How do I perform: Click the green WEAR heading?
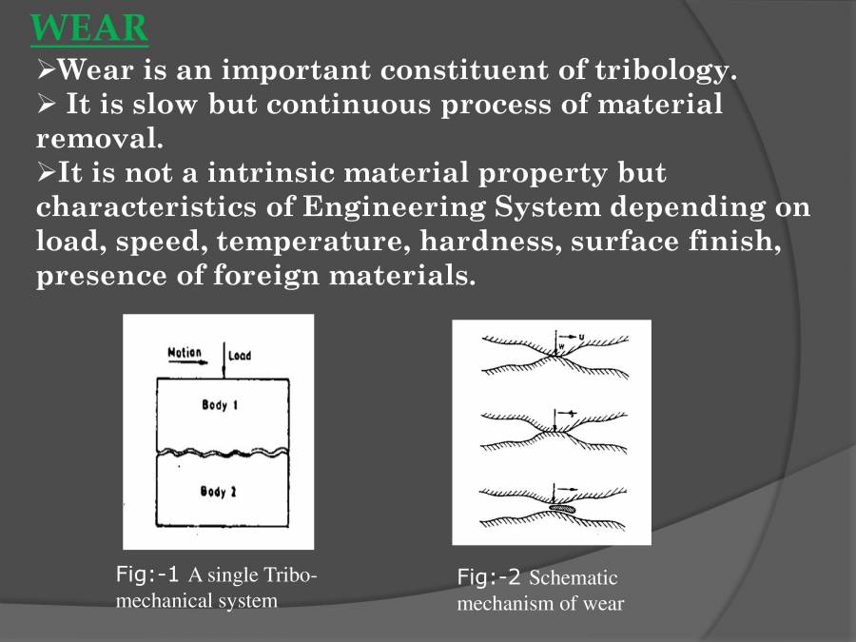89,29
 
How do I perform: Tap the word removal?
100,139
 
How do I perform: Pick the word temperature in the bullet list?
318,242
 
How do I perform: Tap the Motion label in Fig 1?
185,352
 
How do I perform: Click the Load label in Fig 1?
240,357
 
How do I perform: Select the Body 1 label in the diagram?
220,406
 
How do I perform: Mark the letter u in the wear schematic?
581,335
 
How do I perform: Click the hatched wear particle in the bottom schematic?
564,508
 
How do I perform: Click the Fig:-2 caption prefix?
489,577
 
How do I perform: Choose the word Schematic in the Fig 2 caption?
574,578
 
